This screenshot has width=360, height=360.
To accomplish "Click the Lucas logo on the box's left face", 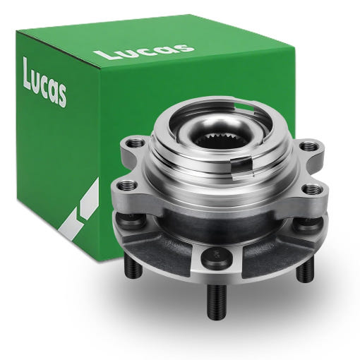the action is pos(44,83).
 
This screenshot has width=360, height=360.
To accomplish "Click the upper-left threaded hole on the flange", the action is pos(135,143).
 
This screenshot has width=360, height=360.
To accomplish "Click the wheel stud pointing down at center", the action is pos(215,301).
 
